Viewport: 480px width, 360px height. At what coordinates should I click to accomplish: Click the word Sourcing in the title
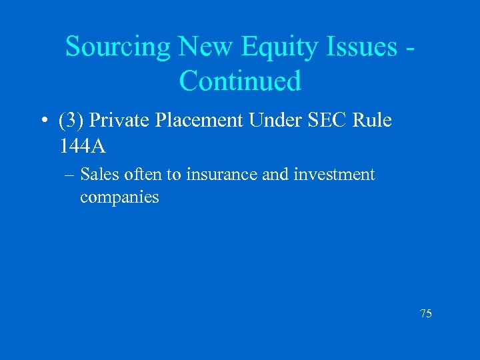[119, 47]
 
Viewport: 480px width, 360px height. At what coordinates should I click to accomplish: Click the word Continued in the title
[241, 81]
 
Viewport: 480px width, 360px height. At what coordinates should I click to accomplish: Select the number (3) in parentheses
[71, 121]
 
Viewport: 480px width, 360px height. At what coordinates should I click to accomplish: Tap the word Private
[117, 121]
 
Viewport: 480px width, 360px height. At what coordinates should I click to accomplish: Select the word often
[141, 175]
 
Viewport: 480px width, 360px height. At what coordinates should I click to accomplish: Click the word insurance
[219, 175]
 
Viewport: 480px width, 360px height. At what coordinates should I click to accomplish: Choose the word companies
[119, 197]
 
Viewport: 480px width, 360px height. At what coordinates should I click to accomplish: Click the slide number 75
[425, 313]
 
